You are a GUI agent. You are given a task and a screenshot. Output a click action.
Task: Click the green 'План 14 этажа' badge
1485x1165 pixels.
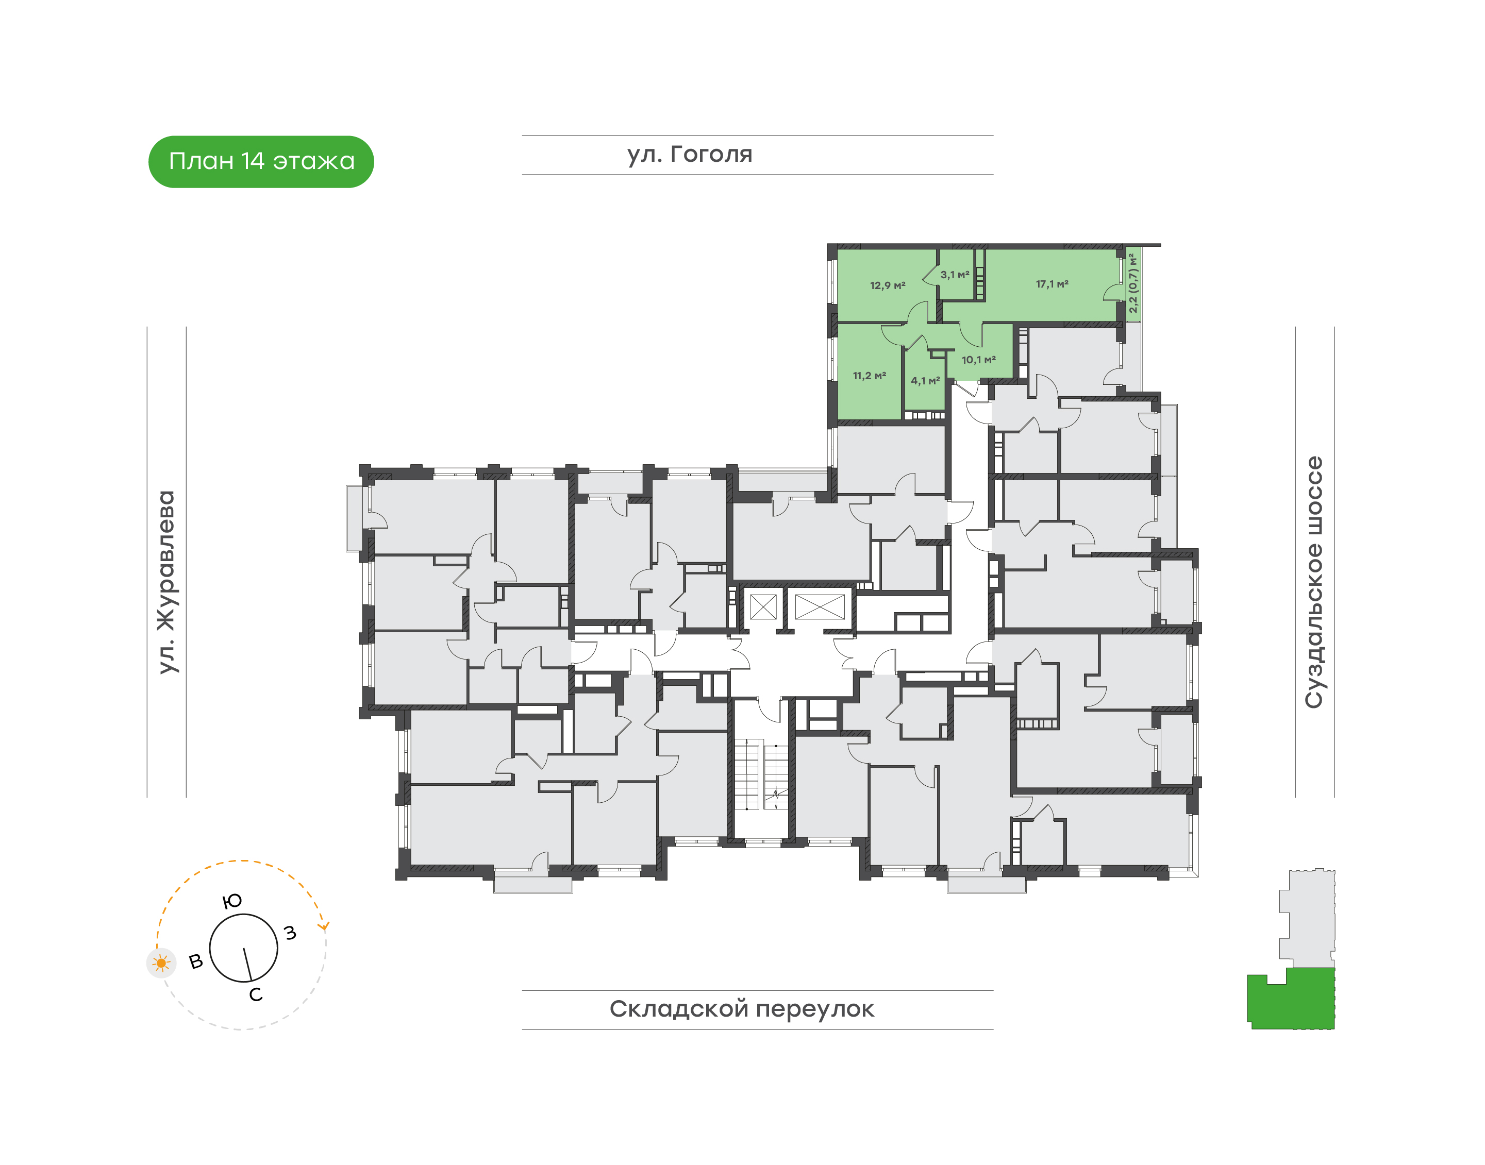click(261, 162)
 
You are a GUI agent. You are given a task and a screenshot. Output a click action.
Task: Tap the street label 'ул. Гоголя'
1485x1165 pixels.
click(689, 154)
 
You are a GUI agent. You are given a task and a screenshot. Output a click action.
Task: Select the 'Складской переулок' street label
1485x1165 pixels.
click(742, 1009)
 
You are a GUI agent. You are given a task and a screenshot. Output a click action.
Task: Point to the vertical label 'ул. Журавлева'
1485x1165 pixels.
click(166, 582)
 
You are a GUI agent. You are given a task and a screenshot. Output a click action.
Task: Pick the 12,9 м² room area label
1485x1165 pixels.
click(887, 285)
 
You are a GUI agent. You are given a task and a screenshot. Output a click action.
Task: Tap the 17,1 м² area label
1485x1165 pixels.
click(1052, 284)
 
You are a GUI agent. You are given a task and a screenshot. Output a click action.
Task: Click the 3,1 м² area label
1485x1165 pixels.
click(955, 274)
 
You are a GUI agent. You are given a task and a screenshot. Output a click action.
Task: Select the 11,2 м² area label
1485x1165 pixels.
click(870, 375)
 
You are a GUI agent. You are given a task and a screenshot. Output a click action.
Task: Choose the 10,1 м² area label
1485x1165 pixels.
click(979, 360)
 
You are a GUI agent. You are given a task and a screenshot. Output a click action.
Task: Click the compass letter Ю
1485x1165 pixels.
click(232, 901)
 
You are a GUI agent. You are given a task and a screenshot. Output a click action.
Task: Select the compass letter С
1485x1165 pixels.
click(256, 994)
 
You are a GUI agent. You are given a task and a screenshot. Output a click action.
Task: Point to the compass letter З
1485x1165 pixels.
click(291, 933)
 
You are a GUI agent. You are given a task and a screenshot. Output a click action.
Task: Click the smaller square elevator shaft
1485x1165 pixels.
click(763, 606)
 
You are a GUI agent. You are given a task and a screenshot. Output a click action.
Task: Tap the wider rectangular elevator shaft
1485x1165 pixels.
click(820, 606)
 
